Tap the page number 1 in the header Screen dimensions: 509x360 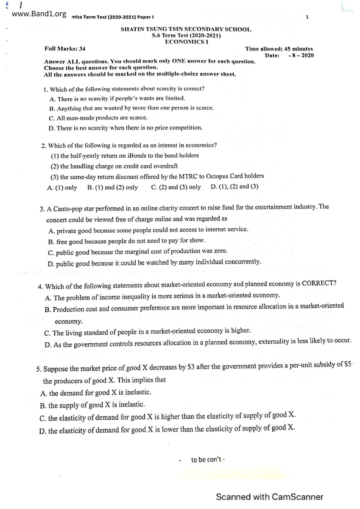click(307, 17)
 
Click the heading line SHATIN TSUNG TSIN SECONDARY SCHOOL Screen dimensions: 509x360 click(186, 29)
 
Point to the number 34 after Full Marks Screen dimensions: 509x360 click(82, 49)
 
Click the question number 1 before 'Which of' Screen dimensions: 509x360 click(45, 89)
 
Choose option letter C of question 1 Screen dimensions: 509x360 click(52, 118)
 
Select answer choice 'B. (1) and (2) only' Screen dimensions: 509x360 click(113, 187)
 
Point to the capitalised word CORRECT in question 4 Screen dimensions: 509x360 click(318, 283)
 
